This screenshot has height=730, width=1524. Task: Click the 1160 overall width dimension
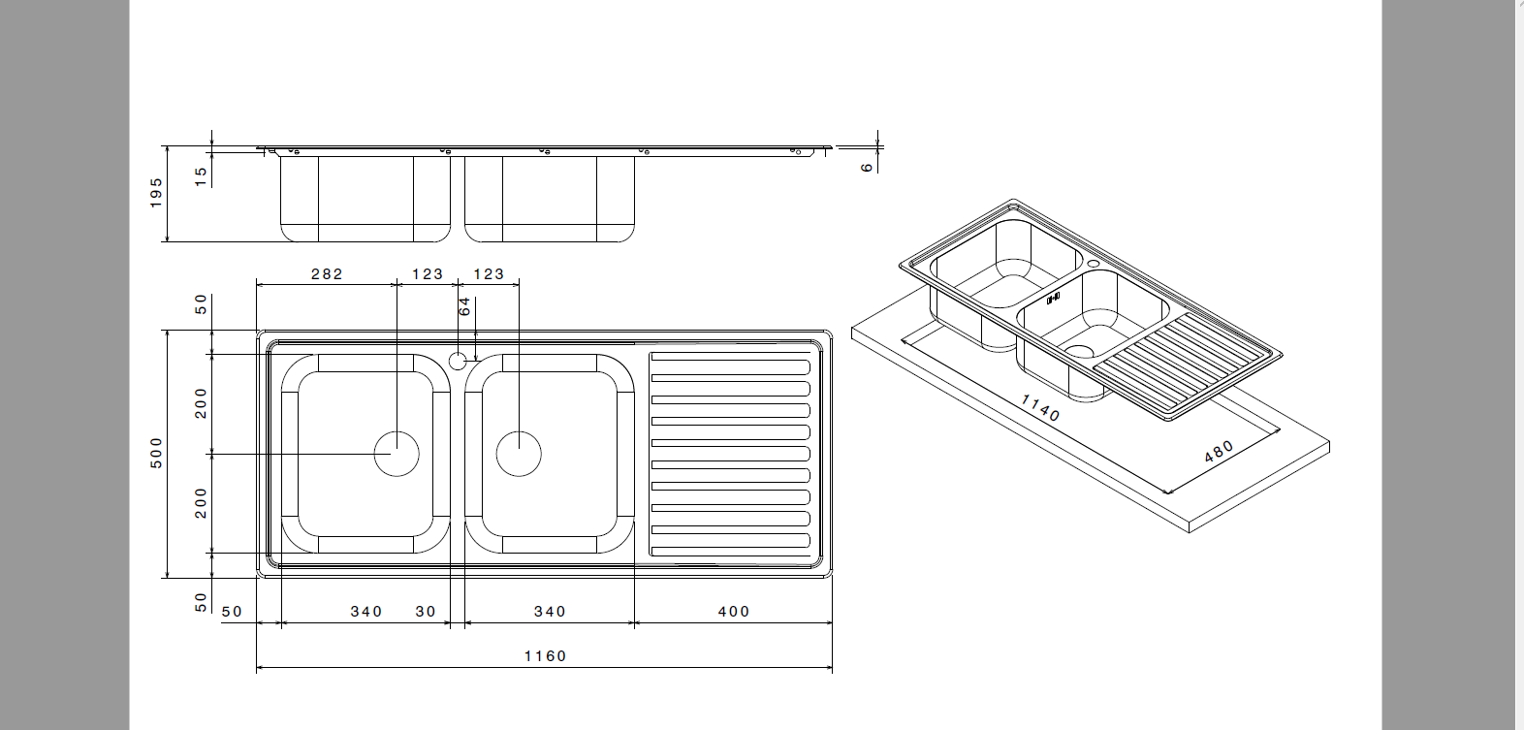(545, 656)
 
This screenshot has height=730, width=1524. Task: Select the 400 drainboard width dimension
(734, 612)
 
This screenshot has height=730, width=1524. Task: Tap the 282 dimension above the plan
(327, 274)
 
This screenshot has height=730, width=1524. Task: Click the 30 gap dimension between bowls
(426, 612)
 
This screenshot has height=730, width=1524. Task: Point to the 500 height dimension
(157, 453)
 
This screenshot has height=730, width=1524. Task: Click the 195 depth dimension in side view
(157, 192)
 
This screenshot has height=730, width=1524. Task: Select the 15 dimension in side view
(201, 175)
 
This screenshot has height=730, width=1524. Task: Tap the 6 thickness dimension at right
(867, 167)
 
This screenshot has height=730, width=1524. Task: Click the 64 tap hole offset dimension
(464, 306)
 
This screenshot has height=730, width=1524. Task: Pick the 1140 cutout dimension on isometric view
(1039, 407)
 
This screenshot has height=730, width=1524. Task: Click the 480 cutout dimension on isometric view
(1219, 452)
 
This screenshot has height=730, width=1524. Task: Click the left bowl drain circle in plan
(397, 454)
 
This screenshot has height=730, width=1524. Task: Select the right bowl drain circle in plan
(519, 453)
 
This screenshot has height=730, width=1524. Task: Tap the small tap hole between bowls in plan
(458, 362)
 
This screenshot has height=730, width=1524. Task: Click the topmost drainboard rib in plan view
(730, 367)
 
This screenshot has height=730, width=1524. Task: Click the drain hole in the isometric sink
(1079, 354)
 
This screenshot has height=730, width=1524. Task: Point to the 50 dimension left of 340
(232, 612)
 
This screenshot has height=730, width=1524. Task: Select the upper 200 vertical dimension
(201, 402)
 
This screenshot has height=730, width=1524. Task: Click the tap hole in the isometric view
(1093, 264)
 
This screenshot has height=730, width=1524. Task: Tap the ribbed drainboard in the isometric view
(1178, 364)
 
